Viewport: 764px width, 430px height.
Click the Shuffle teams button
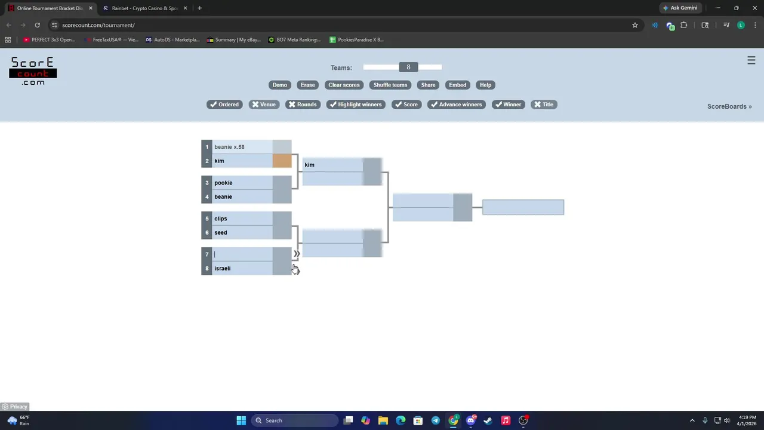tap(390, 85)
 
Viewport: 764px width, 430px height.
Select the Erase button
tap(307, 85)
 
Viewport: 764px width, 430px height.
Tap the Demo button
tap(279, 85)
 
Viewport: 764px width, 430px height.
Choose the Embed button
tap(457, 85)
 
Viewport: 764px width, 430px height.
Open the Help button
tap(485, 85)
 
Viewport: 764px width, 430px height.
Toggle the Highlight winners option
tap(356, 105)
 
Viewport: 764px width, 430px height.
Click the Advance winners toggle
tap(457, 105)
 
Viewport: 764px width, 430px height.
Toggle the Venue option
tap(264, 105)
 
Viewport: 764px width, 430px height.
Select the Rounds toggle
tap(303, 105)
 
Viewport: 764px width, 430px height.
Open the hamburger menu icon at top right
tap(751, 60)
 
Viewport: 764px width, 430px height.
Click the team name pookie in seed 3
tap(223, 183)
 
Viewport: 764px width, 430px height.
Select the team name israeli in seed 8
tap(222, 268)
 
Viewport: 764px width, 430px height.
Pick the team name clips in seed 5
tap(221, 219)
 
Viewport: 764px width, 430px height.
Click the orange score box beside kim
tap(282, 161)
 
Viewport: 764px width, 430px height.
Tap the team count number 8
tap(408, 67)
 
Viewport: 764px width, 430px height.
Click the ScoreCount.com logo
tap(33, 71)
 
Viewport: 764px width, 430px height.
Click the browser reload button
tap(37, 25)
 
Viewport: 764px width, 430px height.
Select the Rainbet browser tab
tap(143, 8)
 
